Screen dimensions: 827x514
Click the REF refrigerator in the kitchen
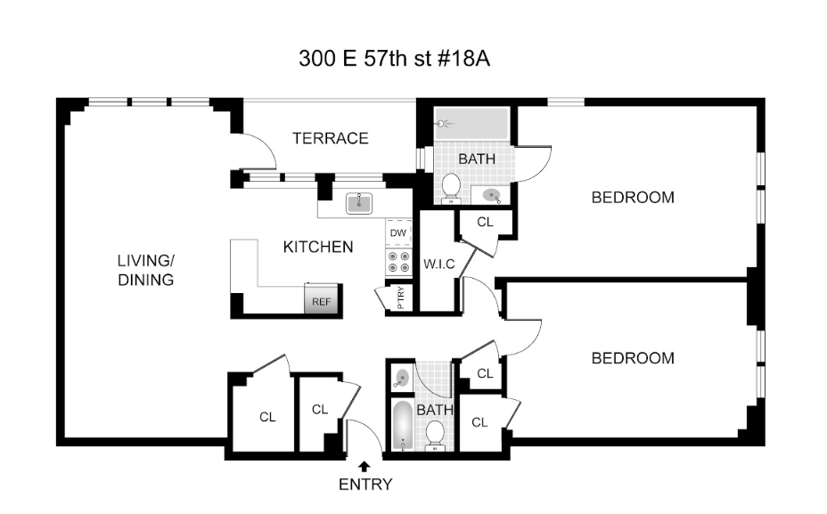321,299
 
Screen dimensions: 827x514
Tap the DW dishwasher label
398,233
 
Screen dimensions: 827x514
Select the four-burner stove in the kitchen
398,262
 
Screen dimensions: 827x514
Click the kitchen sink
359,203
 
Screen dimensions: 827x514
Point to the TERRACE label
331,138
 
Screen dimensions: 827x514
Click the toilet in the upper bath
451,188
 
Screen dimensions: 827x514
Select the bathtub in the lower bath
403,426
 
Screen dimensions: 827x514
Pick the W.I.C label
438,264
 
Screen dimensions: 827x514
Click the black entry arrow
364,466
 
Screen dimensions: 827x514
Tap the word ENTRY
365,484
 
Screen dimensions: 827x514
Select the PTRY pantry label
401,298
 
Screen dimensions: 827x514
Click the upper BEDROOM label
633,197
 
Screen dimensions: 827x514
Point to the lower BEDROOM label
633,358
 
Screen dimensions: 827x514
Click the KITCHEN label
318,247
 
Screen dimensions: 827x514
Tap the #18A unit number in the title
464,59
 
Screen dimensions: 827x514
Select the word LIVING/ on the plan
146,260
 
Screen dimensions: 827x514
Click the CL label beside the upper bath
485,223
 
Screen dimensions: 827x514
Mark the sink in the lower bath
402,378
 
